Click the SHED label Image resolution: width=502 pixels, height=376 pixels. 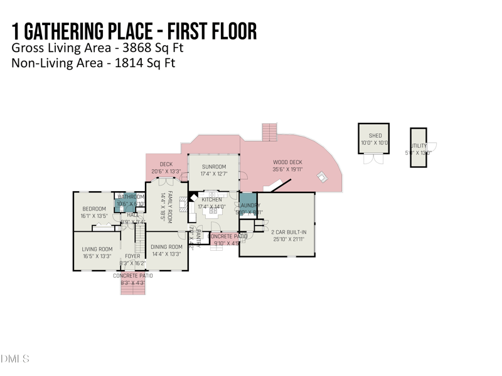pyautogui.click(x=375, y=135)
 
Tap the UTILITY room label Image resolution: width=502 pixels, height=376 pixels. pyautogui.click(x=419, y=146)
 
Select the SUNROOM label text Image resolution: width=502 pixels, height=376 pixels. pyautogui.click(x=213, y=167)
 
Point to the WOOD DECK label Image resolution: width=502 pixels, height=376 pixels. pyautogui.click(x=287, y=162)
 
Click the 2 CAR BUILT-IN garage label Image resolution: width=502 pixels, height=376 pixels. pyautogui.click(x=289, y=232)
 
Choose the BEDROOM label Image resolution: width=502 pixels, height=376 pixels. pyautogui.click(x=93, y=209)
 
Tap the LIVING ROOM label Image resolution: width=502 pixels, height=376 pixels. pyautogui.click(x=97, y=249)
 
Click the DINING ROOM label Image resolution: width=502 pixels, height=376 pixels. pyautogui.click(x=166, y=247)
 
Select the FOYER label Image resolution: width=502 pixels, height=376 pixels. pyautogui.click(x=132, y=256)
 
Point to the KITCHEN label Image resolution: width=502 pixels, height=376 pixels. pyautogui.click(x=211, y=200)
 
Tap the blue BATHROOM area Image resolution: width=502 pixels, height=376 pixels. pyautogui.click(x=131, y=201)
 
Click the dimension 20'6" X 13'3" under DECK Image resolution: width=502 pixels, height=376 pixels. pyautogui.click(x=166, y=171)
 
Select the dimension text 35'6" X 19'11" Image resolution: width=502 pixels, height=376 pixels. pyautogui.click(x=287, y=169)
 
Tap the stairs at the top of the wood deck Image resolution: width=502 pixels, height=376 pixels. pyautogui.click(x=269, y=132)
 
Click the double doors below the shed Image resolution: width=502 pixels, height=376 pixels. pyautogui.click(x=373, y=159)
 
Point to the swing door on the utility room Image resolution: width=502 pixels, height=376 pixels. pyautogui.click(x=431, y=147)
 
